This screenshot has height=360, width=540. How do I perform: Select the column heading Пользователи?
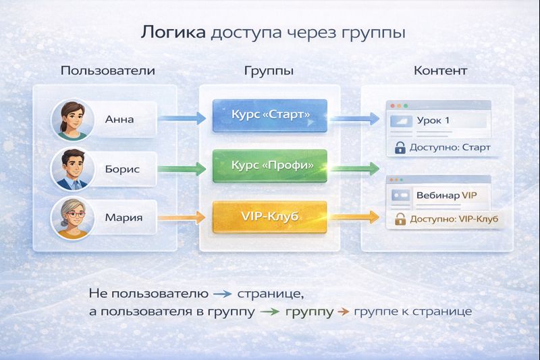tap(107, 71)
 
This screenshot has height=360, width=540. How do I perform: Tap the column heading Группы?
tap(268, 71)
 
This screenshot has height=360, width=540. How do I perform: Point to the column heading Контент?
tap(440, 71)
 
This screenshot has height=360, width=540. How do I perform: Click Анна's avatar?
tap(71, 120)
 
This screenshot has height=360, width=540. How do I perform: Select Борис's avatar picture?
tap(71, 169)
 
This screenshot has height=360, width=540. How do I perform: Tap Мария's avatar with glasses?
tap(71, 218)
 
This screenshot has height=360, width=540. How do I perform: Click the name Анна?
tap(119, 120)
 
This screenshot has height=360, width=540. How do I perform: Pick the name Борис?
tap(122, 169)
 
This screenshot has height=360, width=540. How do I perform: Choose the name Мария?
tap(123, 217)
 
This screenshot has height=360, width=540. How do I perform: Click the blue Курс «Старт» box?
tap(269, 115)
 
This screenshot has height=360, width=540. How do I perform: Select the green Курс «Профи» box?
tap(269, 165)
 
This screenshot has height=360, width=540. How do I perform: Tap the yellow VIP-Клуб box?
tap(269, 217)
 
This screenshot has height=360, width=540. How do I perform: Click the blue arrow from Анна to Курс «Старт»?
tap(182, 120)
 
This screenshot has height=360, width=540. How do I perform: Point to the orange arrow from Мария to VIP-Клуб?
tap(182, 217)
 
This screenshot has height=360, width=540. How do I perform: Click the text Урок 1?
tap(433, 121)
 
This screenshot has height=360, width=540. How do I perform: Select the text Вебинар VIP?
tap(446, 195)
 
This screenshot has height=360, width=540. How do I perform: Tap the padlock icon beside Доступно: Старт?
tap(399, 147)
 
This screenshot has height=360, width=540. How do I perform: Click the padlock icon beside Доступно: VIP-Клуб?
tap(399, 219)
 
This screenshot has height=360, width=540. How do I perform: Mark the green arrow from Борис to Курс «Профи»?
tap(182, 168)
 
